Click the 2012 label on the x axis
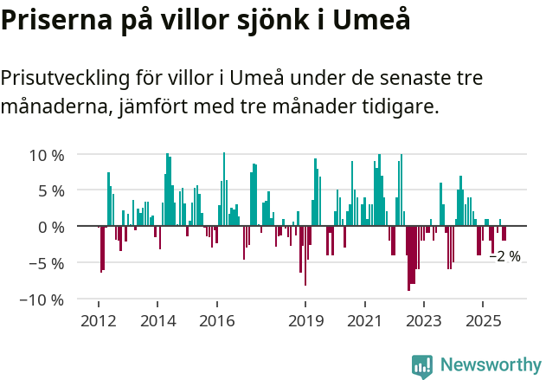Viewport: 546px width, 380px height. [98, 321]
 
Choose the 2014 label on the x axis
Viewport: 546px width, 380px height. [157, 321]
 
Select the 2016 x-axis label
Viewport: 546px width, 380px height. [216, 321]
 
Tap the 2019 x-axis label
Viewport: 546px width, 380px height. [305, 321]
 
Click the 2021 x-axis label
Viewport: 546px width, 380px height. [364, 321]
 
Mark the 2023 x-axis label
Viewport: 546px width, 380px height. [424, 321]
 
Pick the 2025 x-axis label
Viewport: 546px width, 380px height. [483, 321]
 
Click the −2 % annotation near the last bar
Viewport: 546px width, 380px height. [505, 257]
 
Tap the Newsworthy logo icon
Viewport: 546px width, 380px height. [422, 366]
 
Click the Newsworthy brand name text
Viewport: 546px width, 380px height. [491, 365]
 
